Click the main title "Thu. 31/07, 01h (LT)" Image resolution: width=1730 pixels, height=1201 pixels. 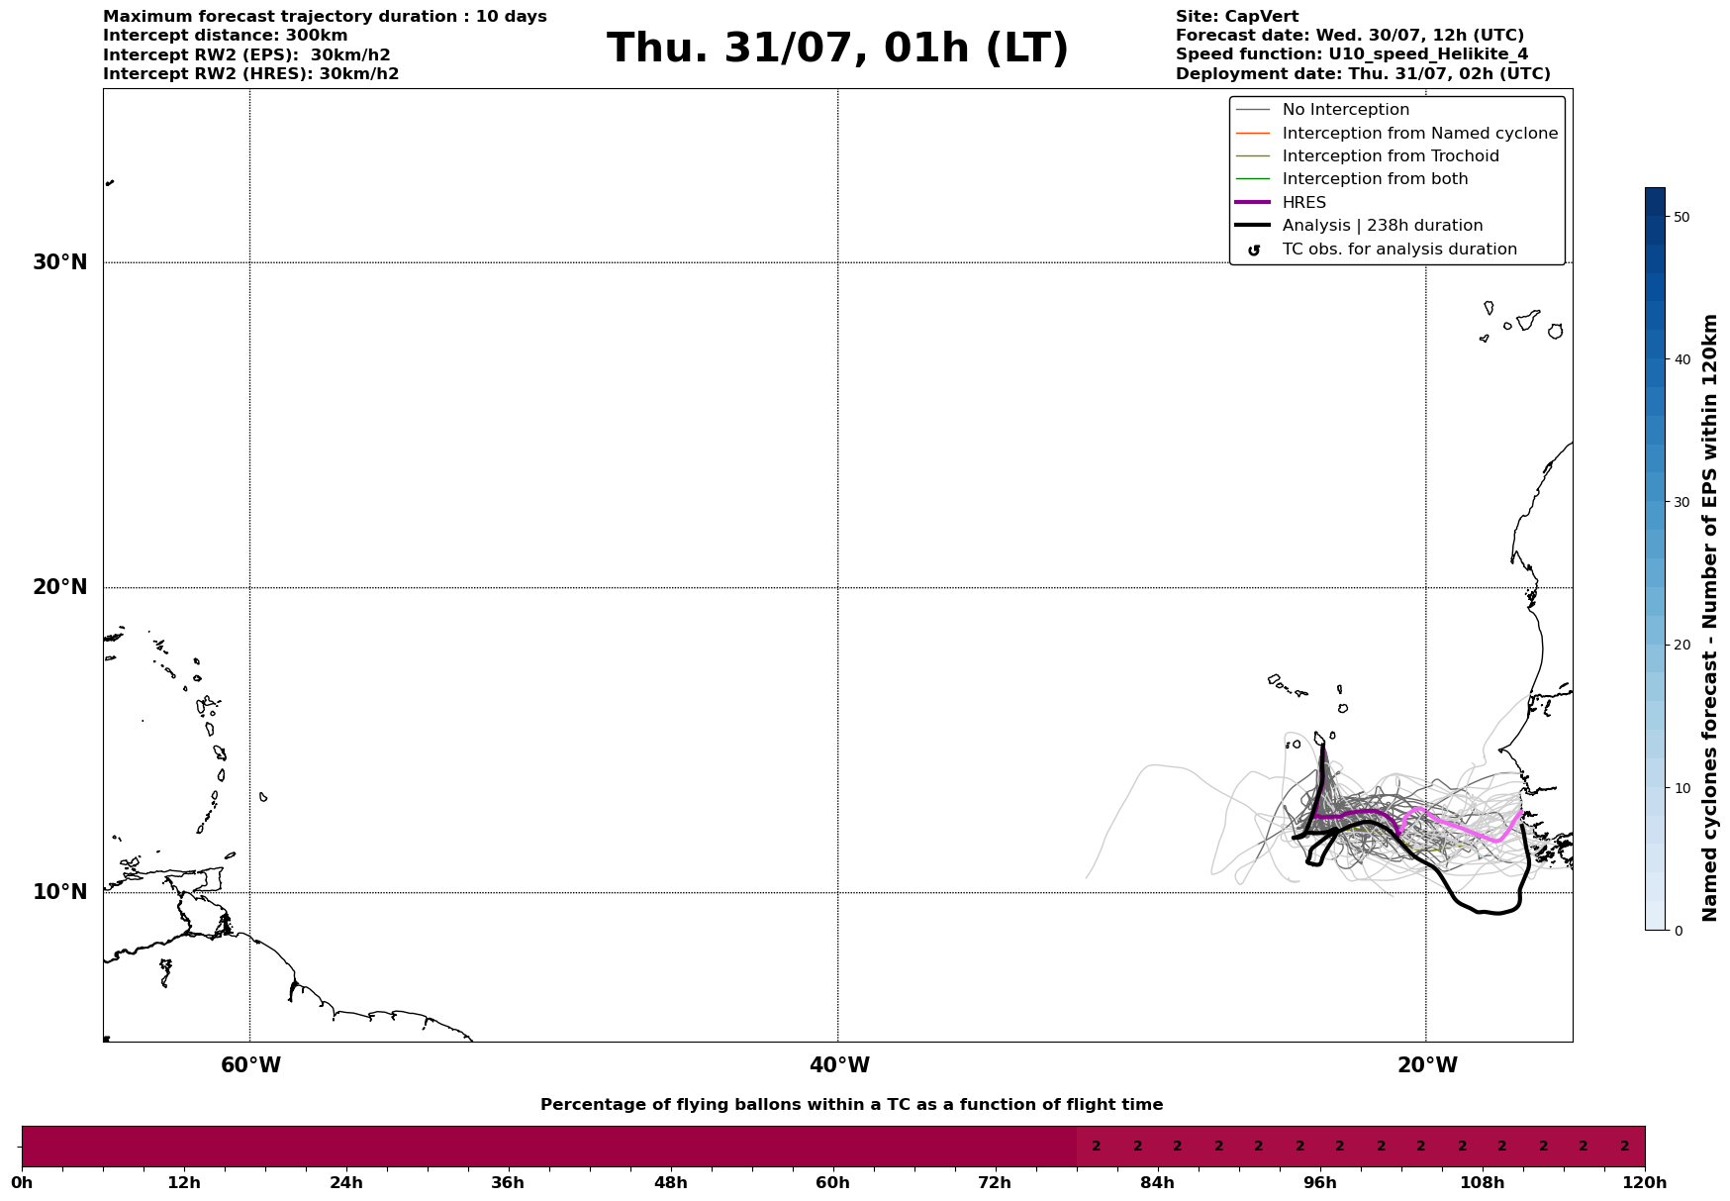(x=837, y=49)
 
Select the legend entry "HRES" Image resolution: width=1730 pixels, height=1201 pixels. (x=1303, y=203)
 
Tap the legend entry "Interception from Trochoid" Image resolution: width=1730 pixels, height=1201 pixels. (x=1390, y=156)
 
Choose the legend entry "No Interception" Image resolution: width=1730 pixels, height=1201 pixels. (x=1345, y=110)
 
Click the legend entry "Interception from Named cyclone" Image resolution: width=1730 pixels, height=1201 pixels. (x=1419, y=134)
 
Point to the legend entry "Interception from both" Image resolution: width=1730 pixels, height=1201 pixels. (x=1375, y=179)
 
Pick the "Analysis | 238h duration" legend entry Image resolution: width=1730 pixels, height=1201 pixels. (x=1382, y=226)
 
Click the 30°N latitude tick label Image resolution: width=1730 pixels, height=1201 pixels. (x=60, y=262)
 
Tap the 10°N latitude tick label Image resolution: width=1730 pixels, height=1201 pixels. (x=60, y=892)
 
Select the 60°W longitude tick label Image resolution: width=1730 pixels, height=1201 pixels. (x=250, y=1065)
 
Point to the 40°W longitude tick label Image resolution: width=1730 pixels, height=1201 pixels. (x=839, y=1065)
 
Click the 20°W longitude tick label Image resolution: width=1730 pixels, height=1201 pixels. (x=1427, y=1065)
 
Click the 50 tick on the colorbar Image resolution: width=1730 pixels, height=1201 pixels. (x=1682, y=217)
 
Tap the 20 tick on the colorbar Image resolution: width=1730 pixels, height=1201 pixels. (x=1682, y=645)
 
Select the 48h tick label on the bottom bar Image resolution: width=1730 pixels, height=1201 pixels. (x=670, y=1182)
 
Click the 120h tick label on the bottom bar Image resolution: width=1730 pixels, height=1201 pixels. (x=1645, y=1182)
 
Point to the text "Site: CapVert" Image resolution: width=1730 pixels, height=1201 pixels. (x=1237, y=17)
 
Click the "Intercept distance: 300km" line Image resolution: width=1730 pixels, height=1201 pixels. (x=226, y=36)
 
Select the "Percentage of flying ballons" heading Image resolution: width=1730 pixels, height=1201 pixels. (x=851, y=1105)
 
